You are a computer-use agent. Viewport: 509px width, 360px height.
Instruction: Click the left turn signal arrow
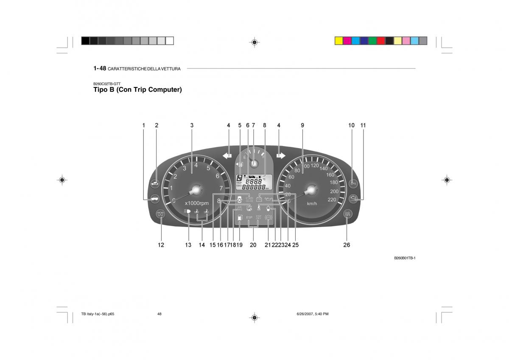227,155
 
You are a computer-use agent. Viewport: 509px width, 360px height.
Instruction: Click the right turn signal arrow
281,155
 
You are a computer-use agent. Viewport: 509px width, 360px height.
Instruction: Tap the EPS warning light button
352,183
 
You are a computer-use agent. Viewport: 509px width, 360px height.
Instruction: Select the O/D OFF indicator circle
347,214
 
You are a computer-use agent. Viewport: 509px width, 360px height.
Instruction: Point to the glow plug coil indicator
161,214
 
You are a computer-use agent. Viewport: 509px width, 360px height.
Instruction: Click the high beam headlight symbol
188,211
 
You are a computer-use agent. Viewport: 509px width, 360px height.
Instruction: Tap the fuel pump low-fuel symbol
240,218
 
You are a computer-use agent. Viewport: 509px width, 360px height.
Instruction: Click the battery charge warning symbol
259,199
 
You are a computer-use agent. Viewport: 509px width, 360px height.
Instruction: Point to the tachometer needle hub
196,190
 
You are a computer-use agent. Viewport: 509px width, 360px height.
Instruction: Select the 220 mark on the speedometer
332,199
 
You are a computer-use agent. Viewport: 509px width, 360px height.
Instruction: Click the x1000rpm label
196,203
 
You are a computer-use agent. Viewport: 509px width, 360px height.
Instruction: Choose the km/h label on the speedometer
312,204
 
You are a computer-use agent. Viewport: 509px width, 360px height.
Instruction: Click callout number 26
347,245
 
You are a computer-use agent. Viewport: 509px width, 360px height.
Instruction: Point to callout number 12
161,245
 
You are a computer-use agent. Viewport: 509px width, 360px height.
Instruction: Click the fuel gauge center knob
254,163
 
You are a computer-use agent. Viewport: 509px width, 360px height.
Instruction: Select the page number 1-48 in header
100,68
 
